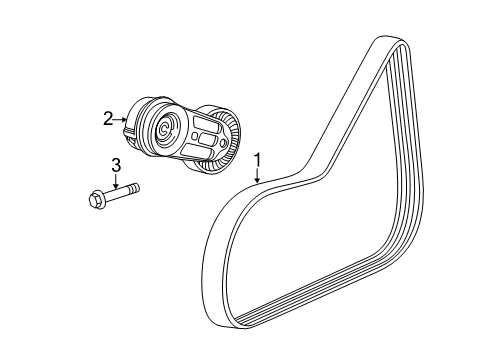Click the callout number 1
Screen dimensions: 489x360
pyautogui.click(x=258, y=159)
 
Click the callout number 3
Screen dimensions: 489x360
pyautogui.click(x=115, y=164)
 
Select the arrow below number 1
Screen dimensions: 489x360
pyautogui.click(x=258, y=177)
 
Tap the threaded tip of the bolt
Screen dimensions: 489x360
pyautogui.click(x=133, y=186)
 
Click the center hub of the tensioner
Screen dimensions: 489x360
pyautogui.click(x=165, y=129)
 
